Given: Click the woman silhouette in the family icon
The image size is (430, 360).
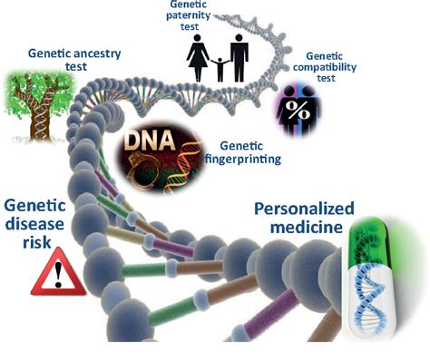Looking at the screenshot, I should pyautogui.click(x=197, y=60).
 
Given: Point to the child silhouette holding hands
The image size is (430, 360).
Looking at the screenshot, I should pyautogui.click(x=218, y=70).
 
